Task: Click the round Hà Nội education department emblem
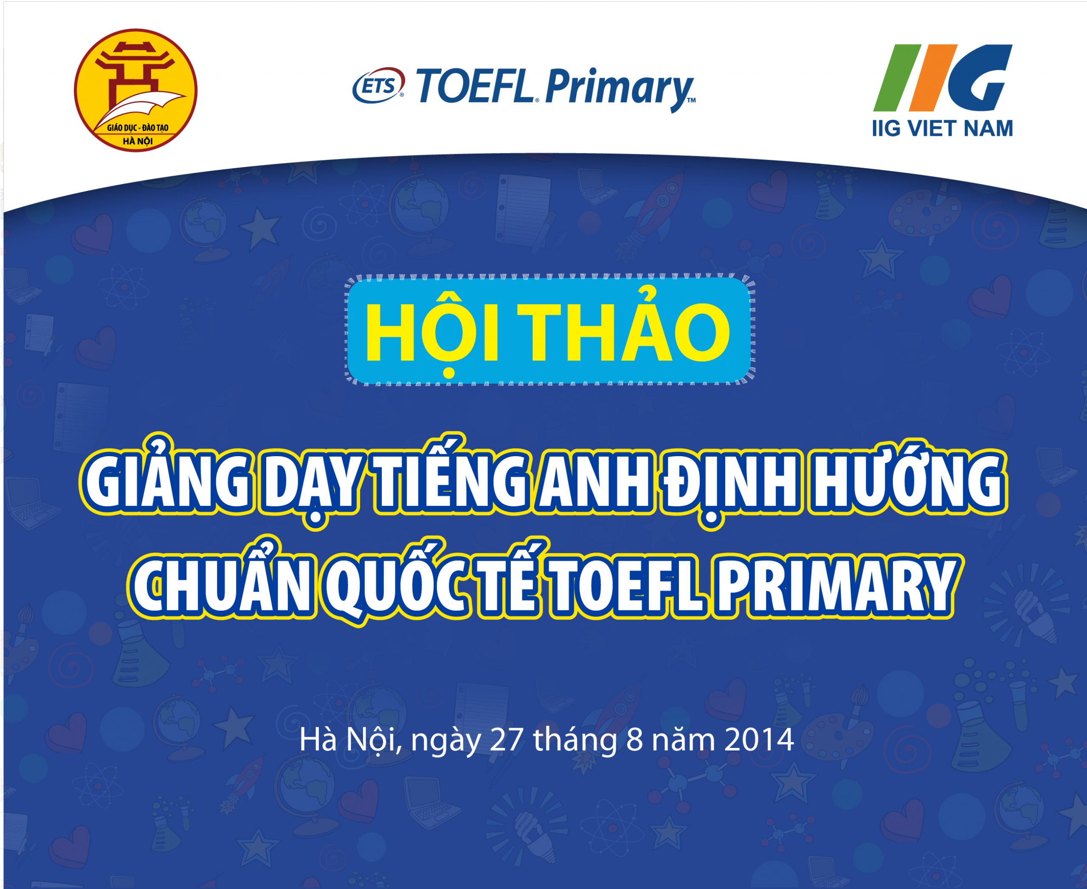[136, 90]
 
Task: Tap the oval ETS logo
[378, 85]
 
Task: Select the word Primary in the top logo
[619, 90]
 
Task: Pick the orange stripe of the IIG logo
[933, 78]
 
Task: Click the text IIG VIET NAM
[942, 128]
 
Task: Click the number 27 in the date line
[507, 740]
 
